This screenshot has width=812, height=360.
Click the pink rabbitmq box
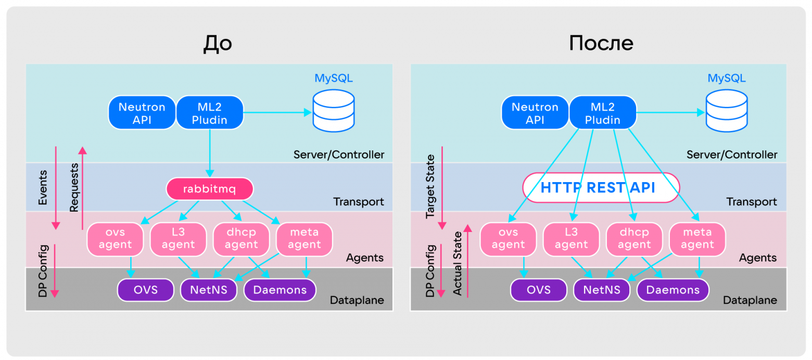[x=210, y=189]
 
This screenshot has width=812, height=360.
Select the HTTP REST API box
[x=601, y=188]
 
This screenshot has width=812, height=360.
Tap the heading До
[x=218, y=44]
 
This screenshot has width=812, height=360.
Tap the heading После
[x=601, y=44]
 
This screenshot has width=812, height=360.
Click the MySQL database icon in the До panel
[x=333, y=112]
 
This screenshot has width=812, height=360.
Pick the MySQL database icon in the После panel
[x=726, y=112]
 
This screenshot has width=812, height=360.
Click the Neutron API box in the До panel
[x=142, y=113]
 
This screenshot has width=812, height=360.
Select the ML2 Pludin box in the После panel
[x=603, y=113]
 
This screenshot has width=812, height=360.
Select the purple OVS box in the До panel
[x=145, y=289]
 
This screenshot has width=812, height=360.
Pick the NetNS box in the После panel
[x=602, y=289]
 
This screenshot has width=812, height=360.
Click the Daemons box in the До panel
[x=280, y=289]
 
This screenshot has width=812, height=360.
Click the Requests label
[x=74, y=187]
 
